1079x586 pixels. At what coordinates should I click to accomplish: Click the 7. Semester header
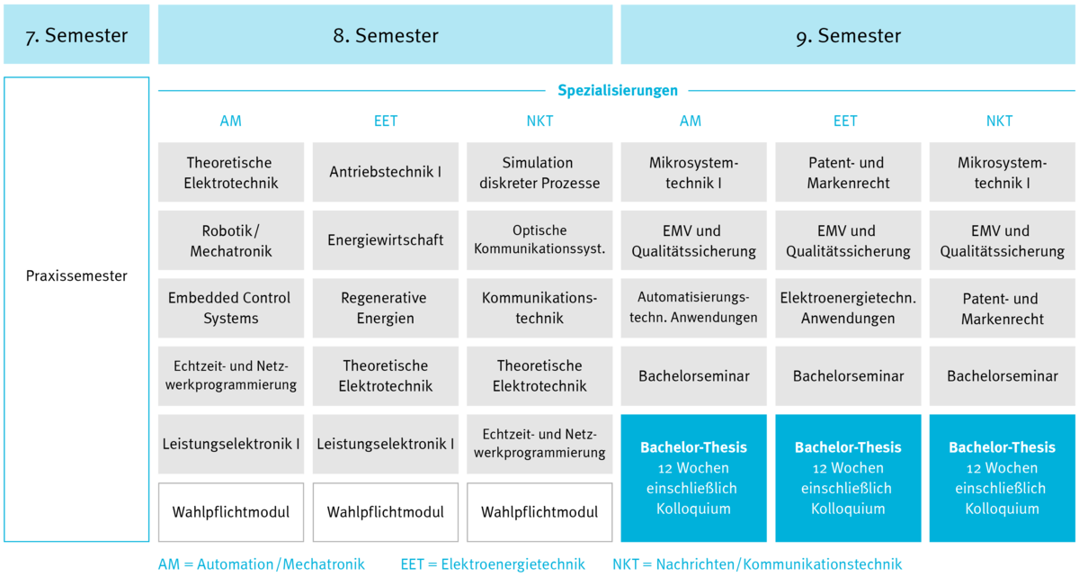pos(76,34)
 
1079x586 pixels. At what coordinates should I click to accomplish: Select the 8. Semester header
pos(386,34)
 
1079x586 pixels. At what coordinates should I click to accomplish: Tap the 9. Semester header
pos(848,34)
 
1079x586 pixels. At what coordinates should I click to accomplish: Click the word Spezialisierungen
pos(618,90)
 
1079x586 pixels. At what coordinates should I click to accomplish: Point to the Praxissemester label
pos(76,275)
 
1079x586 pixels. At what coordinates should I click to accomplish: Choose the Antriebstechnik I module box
pos(386,172)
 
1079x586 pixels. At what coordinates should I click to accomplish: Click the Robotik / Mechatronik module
pos(231,240)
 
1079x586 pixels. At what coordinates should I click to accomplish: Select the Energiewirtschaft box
pos(386,240)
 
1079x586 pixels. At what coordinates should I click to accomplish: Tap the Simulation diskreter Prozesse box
pos(539,172)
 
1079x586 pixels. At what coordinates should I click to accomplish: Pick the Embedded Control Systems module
pos(231,308)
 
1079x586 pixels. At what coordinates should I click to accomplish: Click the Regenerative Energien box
pos(386,308)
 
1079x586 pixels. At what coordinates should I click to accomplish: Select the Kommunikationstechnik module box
pos(539,308)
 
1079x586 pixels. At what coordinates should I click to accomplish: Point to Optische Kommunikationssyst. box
pos(539,240)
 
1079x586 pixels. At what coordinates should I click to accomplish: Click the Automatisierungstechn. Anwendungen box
pos(693,308)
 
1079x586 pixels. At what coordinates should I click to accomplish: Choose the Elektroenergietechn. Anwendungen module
pos(848,308)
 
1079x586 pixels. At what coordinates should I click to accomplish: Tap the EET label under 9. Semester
pos(845,121)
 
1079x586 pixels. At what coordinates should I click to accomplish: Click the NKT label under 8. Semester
pos(539,121)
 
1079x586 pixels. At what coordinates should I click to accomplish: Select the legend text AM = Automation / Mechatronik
pos(262,564)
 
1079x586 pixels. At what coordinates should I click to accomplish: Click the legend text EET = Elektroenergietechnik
pos(493,564)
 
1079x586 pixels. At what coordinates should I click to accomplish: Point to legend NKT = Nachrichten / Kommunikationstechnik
pos(757,564)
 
